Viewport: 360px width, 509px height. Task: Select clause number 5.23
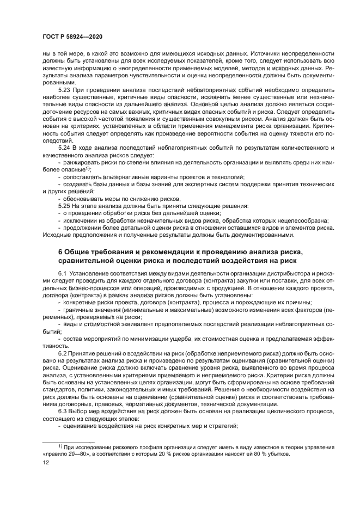pos(65,88)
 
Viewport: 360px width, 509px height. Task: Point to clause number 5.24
pos(65,148)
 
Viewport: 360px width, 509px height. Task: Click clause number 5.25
pos(65,206)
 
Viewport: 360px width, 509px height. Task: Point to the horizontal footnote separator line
pos(69,440)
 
